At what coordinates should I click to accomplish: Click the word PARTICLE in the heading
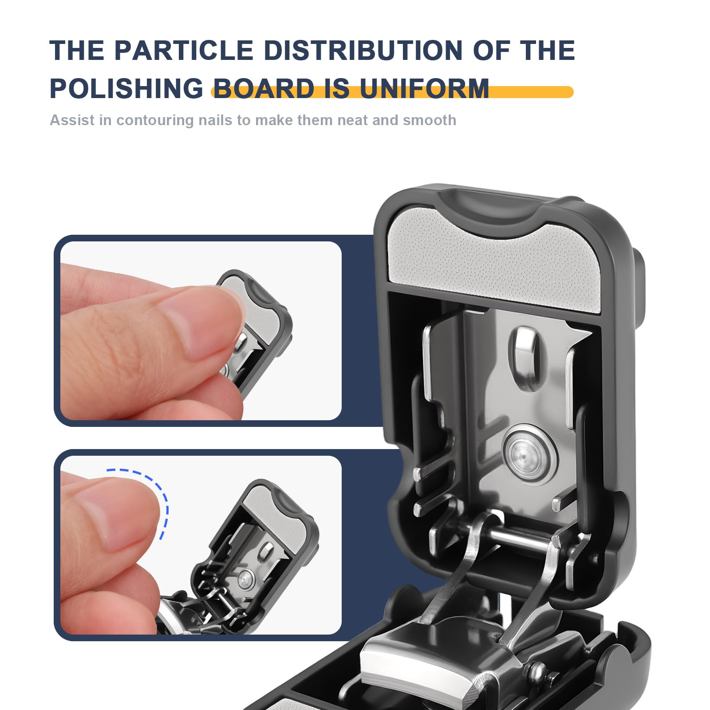(x=184, y=50)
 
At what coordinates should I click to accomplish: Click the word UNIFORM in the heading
(x=424, y=89)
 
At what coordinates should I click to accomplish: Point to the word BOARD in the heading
(x=264, y=89)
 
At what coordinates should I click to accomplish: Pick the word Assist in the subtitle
(x=72, y=120)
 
